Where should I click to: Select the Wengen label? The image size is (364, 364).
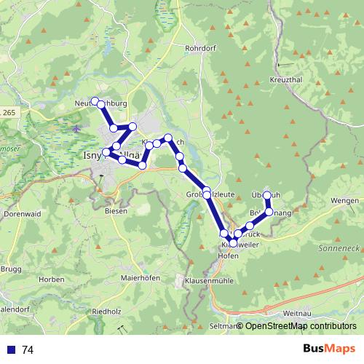coord(344,200)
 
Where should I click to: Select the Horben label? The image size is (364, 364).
coord(52,279)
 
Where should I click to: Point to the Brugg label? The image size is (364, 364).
coord(12,269)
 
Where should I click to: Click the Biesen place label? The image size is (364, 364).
coord(116,210)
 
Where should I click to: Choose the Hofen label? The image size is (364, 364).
coord(229,256)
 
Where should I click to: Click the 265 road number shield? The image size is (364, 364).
coord(9,113)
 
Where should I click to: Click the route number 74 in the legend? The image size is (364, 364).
coord(28,349)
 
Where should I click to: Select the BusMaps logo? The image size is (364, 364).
coord(329,349)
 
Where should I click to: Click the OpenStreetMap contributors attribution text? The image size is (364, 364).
coord(301,326)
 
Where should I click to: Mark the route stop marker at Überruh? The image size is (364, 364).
coord(267,196)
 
